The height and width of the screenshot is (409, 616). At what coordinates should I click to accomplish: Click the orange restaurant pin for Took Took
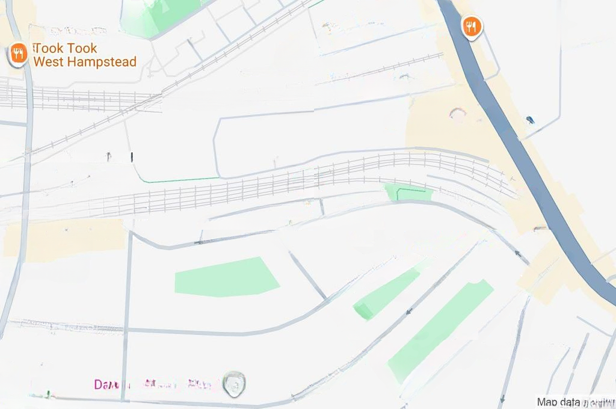click(19, 54)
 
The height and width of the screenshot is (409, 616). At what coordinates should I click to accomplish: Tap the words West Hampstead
click(85, 61)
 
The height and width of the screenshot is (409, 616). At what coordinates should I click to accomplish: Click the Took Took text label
click(66, 48)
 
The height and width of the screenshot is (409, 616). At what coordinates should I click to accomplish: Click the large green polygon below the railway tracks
click(226, 277)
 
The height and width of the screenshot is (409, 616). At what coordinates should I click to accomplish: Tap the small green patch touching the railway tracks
click(408, 192)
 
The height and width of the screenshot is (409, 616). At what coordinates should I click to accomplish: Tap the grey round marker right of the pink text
click(233, 382)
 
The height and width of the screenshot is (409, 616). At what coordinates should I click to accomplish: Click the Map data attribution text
click(575, 402)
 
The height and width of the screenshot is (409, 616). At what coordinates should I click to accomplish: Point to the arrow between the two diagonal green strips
click(410, 312)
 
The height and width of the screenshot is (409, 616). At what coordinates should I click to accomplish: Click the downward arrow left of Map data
click(502, 398)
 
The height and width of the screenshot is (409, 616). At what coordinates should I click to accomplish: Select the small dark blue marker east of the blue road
click(529, 120)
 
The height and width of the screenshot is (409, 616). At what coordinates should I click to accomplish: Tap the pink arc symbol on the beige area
click(458, 113)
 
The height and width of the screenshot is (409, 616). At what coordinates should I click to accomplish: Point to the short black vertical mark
click(132, 157)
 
